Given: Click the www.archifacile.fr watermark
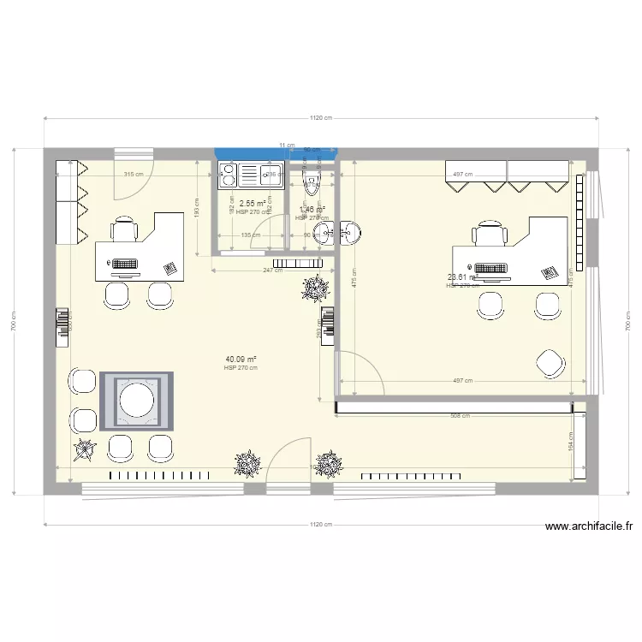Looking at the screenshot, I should [587, 527].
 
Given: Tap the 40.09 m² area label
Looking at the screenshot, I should [241, 360].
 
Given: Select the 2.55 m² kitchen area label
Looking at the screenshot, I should [252, 204].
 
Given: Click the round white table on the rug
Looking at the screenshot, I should [136, 400].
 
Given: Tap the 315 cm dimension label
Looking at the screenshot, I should [134, 174].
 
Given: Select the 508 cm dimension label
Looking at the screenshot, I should [460, 416].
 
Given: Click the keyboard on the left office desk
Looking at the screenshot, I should [125, 264].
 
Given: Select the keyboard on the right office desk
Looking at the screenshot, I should [490, 268].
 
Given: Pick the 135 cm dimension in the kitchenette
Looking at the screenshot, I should [251, 235].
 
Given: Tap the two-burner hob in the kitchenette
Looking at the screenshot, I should [229, 175].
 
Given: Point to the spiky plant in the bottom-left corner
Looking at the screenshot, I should [85, 449].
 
